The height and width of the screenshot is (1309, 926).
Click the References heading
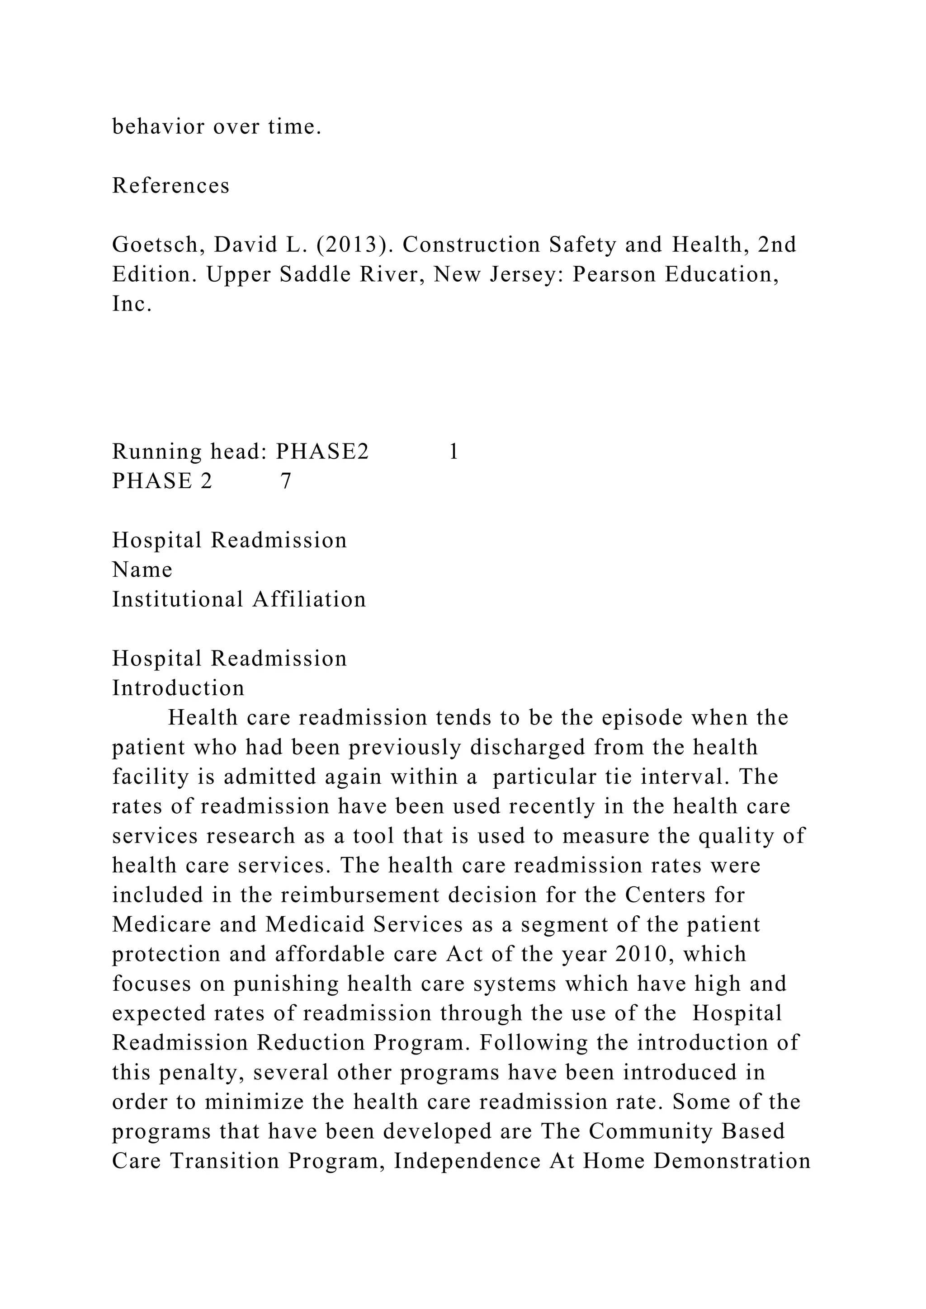coord(170,186)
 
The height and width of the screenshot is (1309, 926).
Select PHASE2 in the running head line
coord(323,452)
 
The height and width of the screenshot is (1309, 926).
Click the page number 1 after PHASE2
coord(454,452)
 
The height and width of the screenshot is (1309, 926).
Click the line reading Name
coord(142,570)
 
